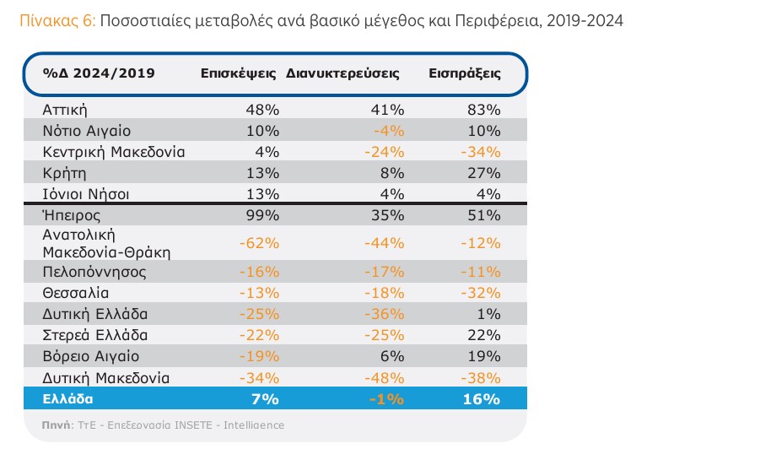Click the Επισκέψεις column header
coord(240,73)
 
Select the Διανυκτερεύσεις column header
coord(342,73)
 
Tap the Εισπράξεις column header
coord(465,73)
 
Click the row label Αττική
coord(65,110)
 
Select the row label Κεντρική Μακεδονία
coord(114,152)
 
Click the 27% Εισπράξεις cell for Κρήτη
coord(485,173)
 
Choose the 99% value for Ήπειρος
coord(263,215)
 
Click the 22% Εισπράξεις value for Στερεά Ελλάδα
coord(485,335)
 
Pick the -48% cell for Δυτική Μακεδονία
coord(386,377)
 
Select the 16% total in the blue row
coord(483,398)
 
